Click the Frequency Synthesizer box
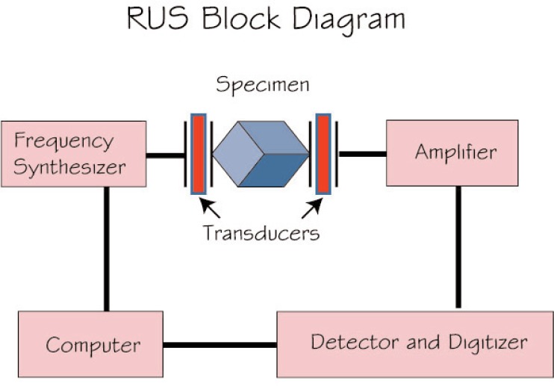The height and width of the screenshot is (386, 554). coord(73,154)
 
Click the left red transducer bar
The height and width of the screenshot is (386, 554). coord(199,153)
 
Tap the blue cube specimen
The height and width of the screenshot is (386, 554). coord(260,154)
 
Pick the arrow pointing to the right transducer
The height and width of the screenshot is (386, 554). coord(313,206)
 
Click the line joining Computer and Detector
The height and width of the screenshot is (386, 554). coord(220,345)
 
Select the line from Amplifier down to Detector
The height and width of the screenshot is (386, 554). coord(458,246)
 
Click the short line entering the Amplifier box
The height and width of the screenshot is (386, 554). coord(363,154)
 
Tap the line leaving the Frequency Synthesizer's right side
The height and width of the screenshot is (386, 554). coord(165,156)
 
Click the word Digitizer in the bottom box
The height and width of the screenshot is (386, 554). coord(489,343)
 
